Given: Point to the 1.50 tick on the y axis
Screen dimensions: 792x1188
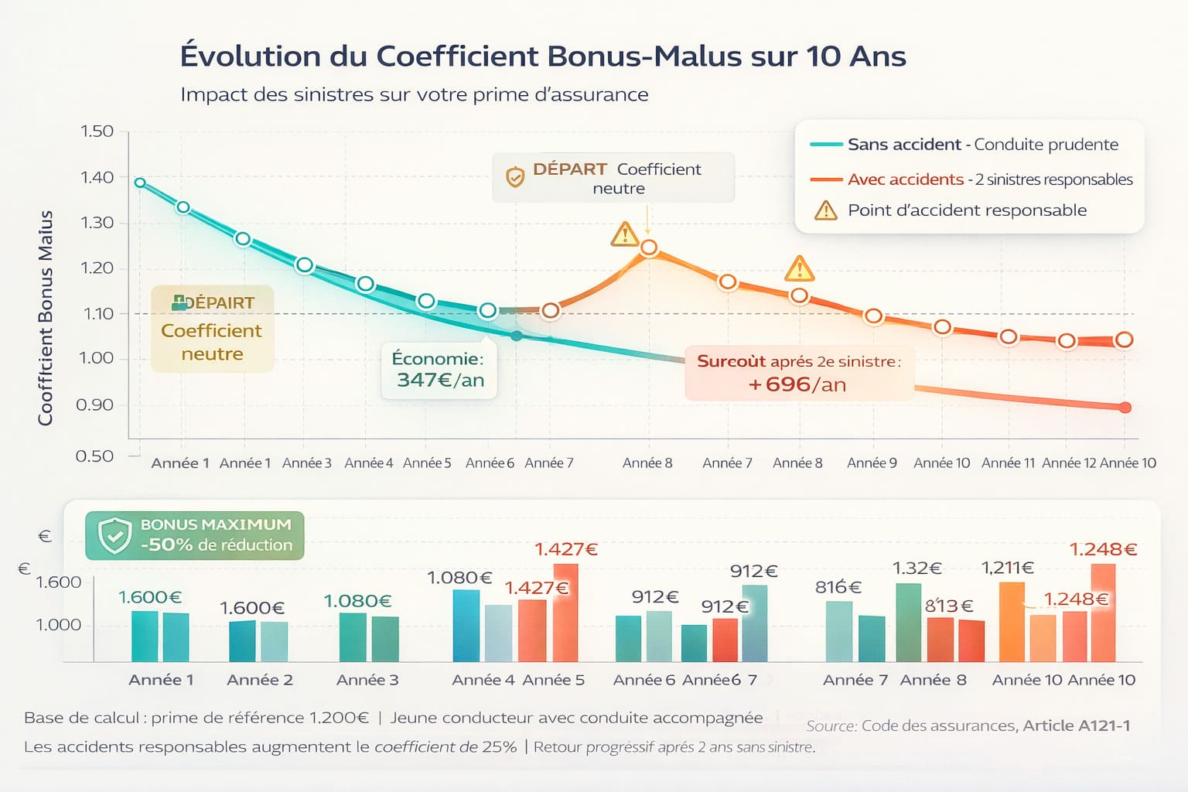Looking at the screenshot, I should click(x=97, y=131).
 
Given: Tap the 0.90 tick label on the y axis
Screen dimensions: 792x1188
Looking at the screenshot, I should click(x=95, y=405).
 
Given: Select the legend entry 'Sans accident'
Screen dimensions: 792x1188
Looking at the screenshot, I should click(x=903, y=145).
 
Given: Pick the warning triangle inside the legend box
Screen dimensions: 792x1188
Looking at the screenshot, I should click(x=826, y=210).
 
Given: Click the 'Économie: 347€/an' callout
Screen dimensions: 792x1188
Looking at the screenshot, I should click(x=439, y=370).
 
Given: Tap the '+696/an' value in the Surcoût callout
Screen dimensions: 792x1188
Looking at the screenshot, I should click(x=797, y=384).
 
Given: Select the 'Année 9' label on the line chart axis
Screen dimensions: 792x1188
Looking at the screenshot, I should click(x=872, y=463).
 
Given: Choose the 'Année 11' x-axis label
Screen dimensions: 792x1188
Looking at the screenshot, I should click(x=1008, y=463).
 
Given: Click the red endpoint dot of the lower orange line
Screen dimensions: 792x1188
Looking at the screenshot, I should click(x=1125, y=408).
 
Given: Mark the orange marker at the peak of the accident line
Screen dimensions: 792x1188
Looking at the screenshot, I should click(x=649, y=247).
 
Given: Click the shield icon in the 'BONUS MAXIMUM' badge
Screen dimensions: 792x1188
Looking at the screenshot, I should click(x=114, y=535).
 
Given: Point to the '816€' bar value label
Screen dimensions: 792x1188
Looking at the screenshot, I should click(x=838, y=587).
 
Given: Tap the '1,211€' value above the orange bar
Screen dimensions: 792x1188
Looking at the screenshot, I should click(x=1007, y=568).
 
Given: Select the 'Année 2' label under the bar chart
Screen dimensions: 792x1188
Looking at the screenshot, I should click(x=260, y=680).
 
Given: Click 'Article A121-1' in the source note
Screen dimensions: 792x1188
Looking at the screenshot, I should click(x=1076, y=725).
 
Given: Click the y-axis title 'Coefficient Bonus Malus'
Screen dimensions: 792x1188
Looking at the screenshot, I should click(x=46, y=317).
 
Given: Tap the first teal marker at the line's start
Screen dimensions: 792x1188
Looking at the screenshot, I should click(x=140, y=183).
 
